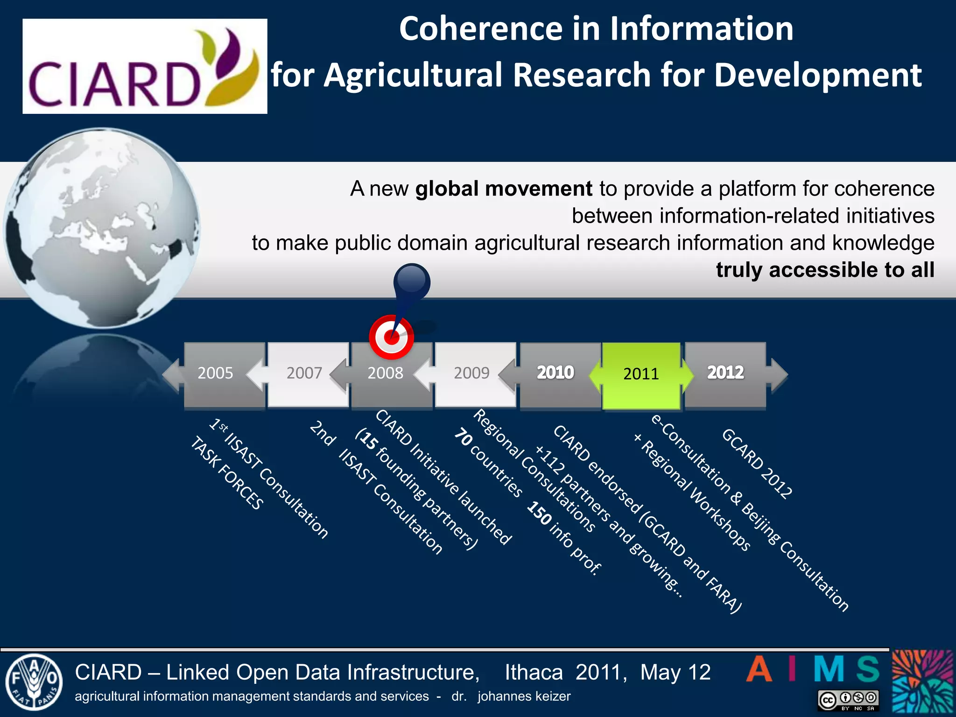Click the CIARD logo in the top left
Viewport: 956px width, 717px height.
click(x=145, y=66)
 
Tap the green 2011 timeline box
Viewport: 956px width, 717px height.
click(x=641, y=374)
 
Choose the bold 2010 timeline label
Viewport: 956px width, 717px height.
click(x=555, y=373)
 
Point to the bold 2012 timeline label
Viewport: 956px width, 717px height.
click(x=725, y=373)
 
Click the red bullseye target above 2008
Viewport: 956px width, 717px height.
click(x=391, y=337)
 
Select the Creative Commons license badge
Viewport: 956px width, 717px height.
click(x=849, y=700)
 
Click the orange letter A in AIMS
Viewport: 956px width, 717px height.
click(x=759, y=669)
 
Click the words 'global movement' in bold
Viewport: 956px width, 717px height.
click(x=504, y=189)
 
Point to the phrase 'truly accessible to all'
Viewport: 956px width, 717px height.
click(x=825, y=270)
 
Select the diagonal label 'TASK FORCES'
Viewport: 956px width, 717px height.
click(x=227, y=473)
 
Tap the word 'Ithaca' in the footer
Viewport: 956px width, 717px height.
click(x=534, y=673)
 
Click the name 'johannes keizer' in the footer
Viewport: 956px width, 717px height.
click(x=524, y=696)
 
